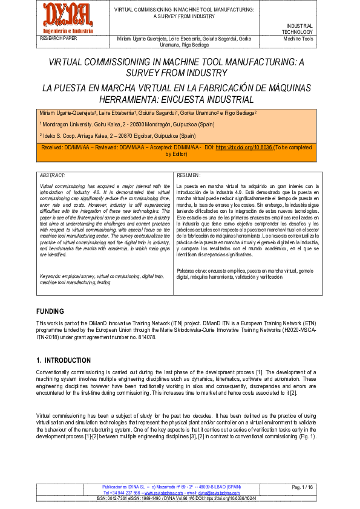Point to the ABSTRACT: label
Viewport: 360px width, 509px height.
tap(52, 175)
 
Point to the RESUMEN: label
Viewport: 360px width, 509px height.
tap(188, 175)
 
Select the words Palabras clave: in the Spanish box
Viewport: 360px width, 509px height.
tap(192, 271)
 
